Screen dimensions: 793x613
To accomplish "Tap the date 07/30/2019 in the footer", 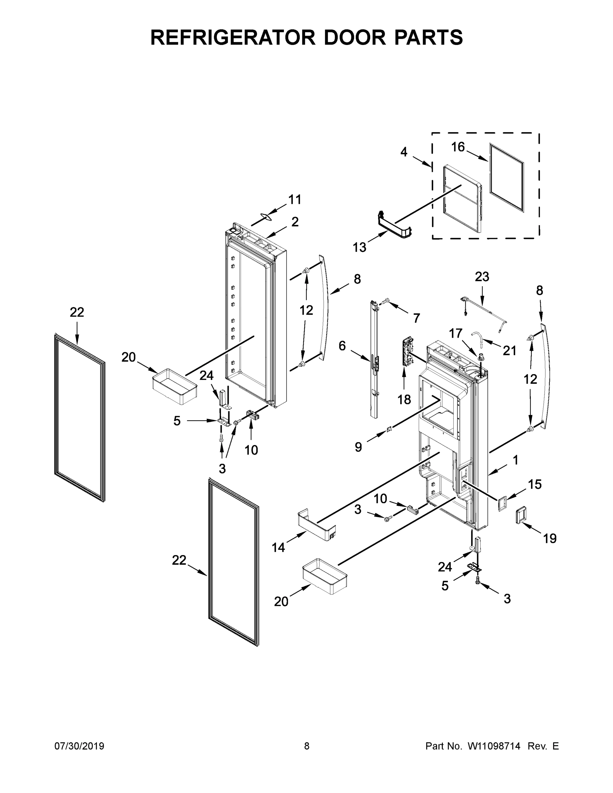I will tap(79, 746).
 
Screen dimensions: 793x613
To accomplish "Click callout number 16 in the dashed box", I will tap(458, 147).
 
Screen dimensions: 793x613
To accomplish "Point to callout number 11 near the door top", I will tap(294, 199).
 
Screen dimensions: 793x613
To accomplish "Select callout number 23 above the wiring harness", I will tap(482, 277).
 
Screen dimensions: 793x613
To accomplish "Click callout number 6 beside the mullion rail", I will tap(342, 346).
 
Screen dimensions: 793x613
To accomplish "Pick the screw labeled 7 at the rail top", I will tap(386, 300).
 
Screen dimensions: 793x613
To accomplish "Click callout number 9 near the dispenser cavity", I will tap(358, 447).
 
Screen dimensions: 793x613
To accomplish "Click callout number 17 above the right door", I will tap(456, 333).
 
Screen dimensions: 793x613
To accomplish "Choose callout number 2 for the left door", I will tap(295, 221).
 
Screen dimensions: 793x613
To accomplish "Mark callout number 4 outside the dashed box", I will tap(404, 152).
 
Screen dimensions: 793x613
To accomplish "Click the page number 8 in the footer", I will tap(307, 746).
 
